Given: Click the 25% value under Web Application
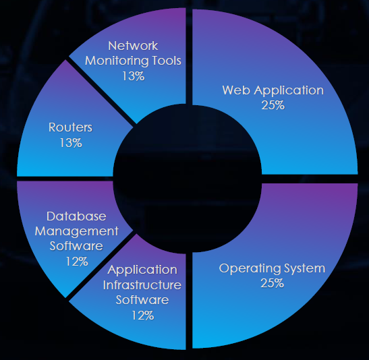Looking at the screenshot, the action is click(x=273, y=105).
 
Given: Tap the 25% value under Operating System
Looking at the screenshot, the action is click(x=273, y=283).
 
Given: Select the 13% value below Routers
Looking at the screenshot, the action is click(x=71, y=143).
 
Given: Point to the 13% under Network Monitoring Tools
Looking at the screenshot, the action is click(x=133, y=76).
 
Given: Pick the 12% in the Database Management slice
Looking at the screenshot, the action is click(x=77, y=262).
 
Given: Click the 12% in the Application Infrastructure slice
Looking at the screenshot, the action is click(x=142, y=316).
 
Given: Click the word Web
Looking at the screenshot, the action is click(x=236, y=90).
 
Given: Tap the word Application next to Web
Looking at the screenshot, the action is click(x=289, y=90).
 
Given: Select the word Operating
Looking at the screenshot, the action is click(x=250, y=268).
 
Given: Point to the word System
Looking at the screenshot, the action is click(x=304, y=268).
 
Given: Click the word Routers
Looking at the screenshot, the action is click(x=71, y=127).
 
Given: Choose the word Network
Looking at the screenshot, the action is click(x=133, y=46).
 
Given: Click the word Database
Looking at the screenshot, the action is click(x=76, y=216).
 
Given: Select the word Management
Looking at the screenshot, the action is click(x=77, y=232).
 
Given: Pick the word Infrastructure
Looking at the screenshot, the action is click(x=142, y=285).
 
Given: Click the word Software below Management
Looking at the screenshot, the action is click(x=76, y=246).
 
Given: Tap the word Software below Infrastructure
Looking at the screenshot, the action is click(x=142, y=300).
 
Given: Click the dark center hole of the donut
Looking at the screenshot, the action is click(x=188, y=179).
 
